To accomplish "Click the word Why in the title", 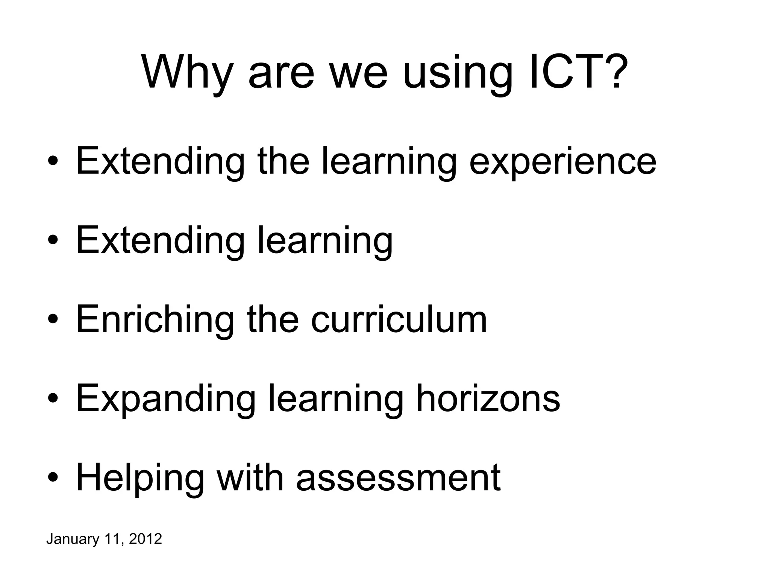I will [187, 72].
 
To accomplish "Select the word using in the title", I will [458, 72].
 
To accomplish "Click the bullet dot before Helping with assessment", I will [53, 478].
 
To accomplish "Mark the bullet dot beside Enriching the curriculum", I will [53, 320].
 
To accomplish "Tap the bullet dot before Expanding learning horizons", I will [53, 399].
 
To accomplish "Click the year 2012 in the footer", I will [146, 539].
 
